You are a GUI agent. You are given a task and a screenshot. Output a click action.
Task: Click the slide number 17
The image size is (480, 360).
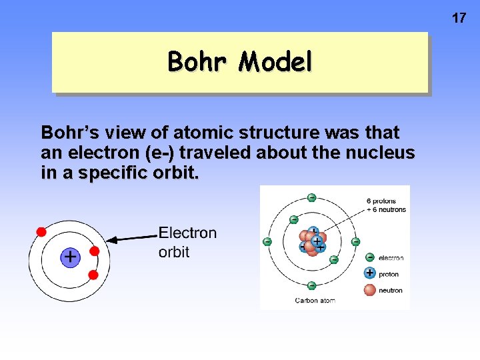point(459,18)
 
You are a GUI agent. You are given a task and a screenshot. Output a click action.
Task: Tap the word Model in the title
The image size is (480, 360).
point(275,62)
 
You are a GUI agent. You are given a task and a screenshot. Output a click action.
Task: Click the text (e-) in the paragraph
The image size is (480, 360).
point(159,153)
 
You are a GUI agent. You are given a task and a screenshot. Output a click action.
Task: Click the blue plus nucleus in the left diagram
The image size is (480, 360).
point(70,257)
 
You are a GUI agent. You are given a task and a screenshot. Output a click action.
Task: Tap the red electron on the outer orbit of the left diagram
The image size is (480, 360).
point(41,232)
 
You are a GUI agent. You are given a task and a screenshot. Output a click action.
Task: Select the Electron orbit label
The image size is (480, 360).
point(187,242)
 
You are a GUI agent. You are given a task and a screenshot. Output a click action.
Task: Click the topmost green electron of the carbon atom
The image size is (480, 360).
point(311,197)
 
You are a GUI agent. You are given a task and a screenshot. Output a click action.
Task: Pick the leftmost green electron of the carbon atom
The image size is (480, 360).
point(267,241)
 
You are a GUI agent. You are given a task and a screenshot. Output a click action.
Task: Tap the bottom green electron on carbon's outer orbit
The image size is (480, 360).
point(311,285)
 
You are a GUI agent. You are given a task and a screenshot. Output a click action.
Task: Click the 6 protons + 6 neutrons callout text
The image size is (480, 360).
point(385,205)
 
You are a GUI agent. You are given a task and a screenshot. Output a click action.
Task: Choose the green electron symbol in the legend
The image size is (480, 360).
point(370,257)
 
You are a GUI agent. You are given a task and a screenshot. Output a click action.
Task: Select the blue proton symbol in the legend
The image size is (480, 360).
point(370,273)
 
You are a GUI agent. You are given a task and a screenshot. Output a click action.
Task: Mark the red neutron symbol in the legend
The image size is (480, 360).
point(370,289)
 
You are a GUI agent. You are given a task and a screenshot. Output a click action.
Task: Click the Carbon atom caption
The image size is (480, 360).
point(315,301)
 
